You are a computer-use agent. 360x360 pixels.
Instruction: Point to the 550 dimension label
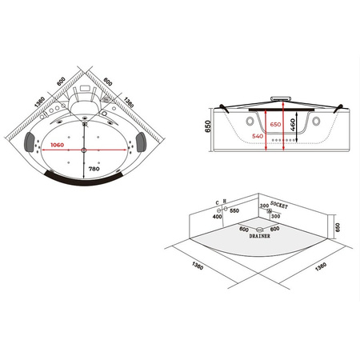pyautogui.click(x=235, y=211)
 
